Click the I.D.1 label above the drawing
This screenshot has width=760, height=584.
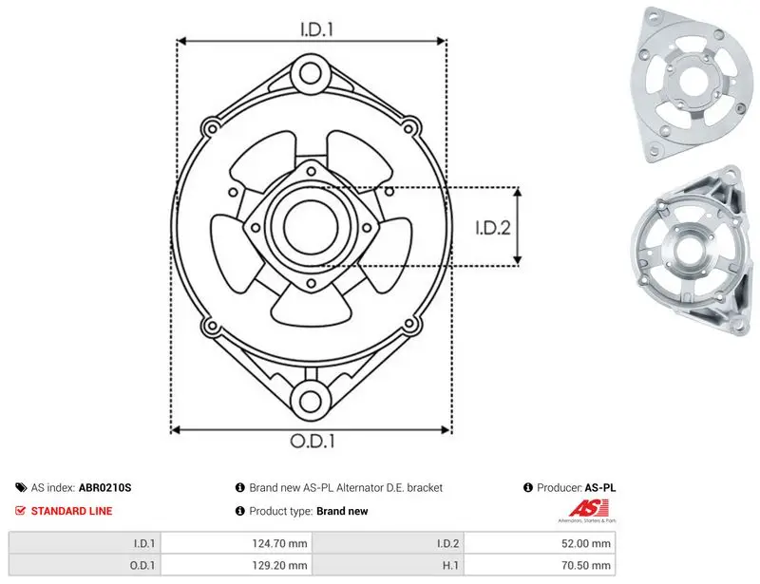coord(317,29)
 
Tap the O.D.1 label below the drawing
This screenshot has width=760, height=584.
coord(313,441)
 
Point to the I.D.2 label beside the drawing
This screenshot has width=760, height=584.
coord(493,228)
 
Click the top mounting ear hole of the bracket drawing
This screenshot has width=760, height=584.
coord(311,74)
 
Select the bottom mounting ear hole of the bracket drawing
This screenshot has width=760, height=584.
coord(311,401)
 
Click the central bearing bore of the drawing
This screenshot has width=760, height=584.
coord(310,227)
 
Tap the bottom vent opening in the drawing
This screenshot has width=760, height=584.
coord(311,307)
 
